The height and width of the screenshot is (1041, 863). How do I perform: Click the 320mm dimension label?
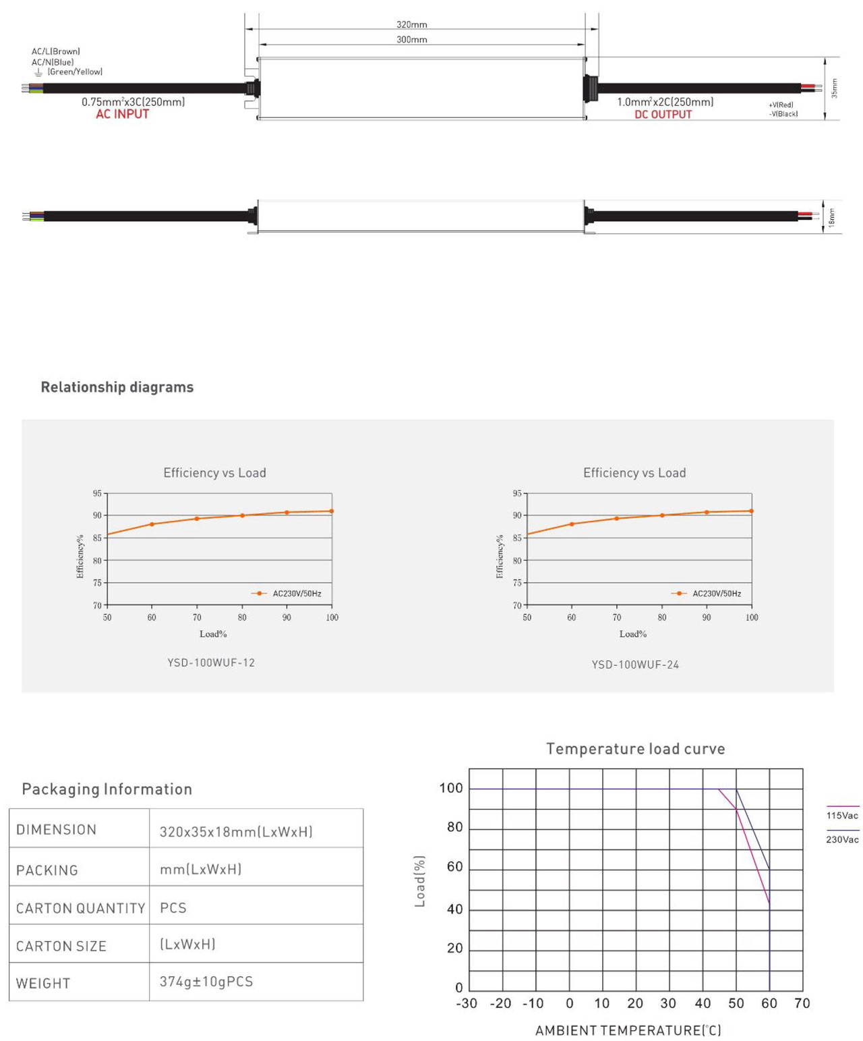411,25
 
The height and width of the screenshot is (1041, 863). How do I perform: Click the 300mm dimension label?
411,40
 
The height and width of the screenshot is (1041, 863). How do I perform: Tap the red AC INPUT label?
122,115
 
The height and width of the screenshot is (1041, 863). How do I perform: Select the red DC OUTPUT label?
663,115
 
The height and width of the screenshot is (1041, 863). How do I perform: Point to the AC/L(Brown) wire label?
56,52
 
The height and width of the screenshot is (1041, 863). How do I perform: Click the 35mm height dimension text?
834,88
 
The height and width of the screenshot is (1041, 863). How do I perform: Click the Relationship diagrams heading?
117,387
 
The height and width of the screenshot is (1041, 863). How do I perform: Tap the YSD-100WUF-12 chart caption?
211,663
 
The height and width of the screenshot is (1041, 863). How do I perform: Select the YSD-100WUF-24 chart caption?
635,665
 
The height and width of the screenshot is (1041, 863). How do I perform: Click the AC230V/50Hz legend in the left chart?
297,594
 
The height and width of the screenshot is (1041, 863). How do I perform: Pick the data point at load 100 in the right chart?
751,511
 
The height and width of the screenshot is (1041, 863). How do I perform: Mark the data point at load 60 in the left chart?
152,524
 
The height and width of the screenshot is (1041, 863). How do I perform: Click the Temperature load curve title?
635,749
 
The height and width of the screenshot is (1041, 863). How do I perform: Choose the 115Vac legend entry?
842,815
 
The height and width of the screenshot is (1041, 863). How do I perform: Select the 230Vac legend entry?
842,839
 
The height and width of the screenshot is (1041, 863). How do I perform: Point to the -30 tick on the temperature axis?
467,1003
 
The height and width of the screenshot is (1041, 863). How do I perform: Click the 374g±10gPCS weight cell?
206,982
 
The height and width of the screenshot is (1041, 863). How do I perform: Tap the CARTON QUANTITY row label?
80,908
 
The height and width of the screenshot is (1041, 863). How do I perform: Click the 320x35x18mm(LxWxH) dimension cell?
236,832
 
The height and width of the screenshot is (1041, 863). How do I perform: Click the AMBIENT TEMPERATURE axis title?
628,1030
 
